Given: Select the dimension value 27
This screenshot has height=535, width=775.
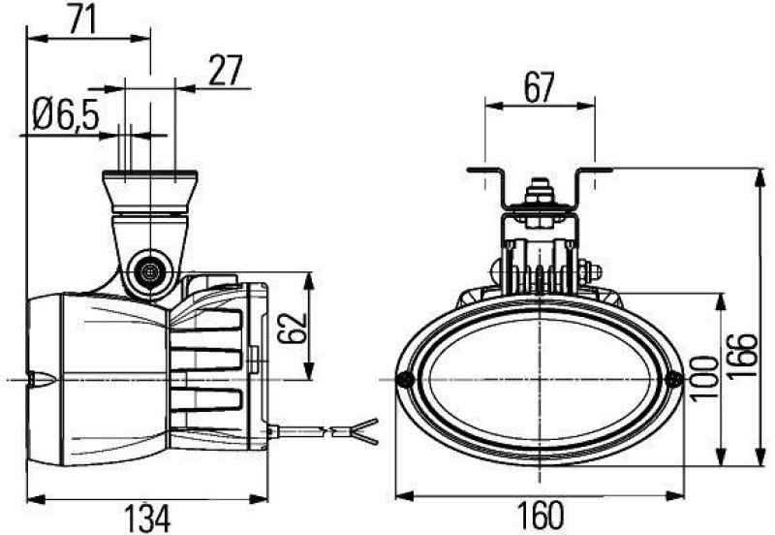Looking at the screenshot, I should [223, 71].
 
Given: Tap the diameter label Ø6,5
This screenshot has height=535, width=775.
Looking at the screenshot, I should [65, 116].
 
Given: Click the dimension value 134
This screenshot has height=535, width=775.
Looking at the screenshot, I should [148, 518].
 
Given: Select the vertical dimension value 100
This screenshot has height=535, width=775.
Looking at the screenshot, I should [705, 379].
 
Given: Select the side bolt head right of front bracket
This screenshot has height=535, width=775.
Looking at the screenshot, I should [594, 272].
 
